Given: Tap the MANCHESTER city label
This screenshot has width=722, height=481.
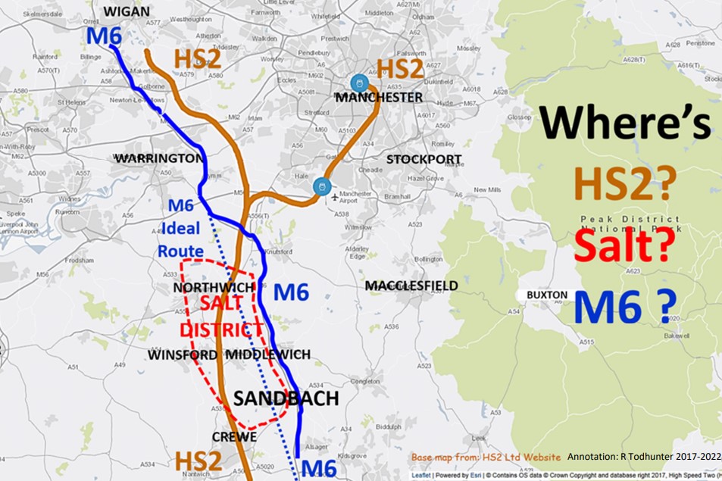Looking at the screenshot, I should tap(379, 98).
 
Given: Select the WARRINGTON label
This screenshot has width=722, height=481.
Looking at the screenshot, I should tap(159, 158).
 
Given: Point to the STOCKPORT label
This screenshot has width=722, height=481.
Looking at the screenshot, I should tap(424, 159).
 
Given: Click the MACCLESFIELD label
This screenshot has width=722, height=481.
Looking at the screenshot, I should tap(411, 286).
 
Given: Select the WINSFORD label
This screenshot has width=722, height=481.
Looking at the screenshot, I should tap(183, 355).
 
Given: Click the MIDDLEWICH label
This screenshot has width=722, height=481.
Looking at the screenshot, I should tap(268, 355).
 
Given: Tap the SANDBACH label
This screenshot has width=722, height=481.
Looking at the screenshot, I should tap(285, 399).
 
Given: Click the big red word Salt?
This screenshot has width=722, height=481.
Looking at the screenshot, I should tap(625, 246).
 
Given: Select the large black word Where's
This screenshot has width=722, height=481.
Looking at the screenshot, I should tap(626, 123).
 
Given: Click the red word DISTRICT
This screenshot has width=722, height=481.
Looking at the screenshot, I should tap(220, 331).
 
